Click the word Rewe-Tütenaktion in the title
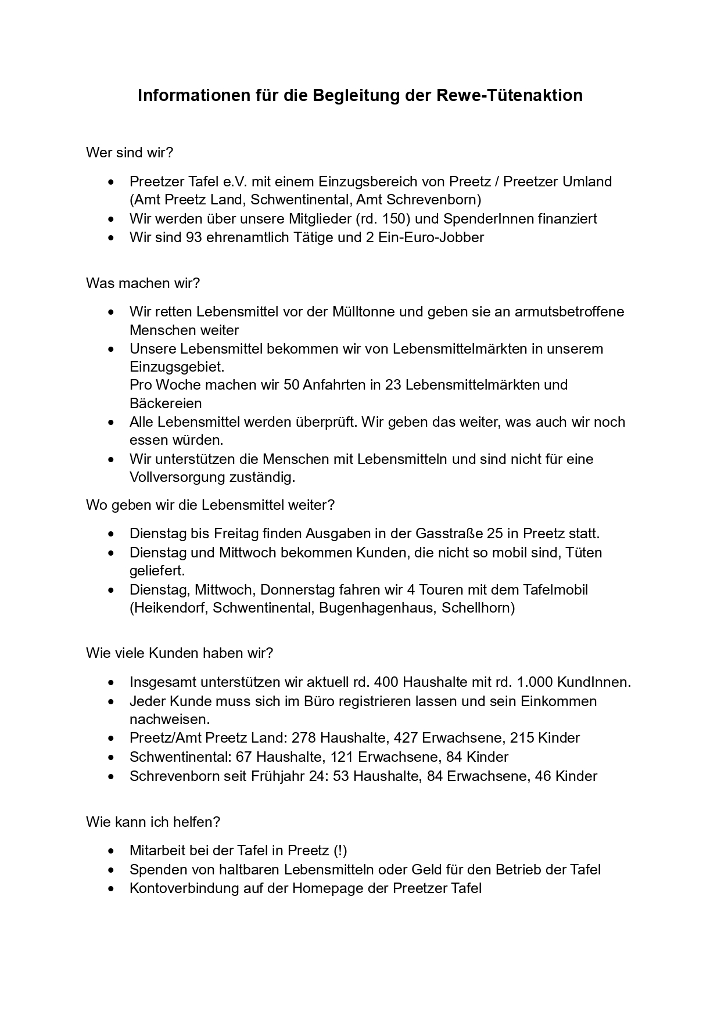[509, 95]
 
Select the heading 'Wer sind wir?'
[130, 153]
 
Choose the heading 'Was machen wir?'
[143, 283]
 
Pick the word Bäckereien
[166, 404]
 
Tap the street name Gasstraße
[449, 534]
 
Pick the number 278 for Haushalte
[303, 739]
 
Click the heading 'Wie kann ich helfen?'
[153, 822]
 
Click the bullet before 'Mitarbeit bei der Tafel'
[112, 851]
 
